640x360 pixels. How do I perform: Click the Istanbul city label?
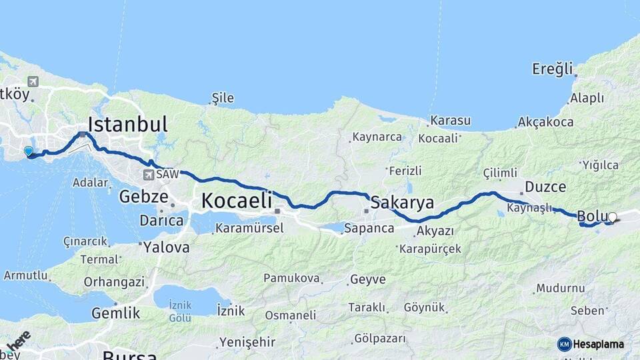[127, 125]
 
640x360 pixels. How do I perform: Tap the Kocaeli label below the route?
[237, 200]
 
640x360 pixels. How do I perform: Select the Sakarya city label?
[402, 202]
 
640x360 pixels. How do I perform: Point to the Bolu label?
[591, 216]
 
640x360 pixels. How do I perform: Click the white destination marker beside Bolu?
[613, 217]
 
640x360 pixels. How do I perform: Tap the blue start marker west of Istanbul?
[29, 151]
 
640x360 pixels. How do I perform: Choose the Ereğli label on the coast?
[553, 69]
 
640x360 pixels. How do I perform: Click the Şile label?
[223, 98]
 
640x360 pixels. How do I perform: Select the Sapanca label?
[369, 228]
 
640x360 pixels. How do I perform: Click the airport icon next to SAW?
[148, 175]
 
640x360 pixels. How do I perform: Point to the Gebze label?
[142, 196]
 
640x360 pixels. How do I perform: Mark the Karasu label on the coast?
[450, 121]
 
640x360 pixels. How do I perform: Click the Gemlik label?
[115, 313]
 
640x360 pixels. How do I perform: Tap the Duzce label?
[545, 187]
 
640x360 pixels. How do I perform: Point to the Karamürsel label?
[249, 228]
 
